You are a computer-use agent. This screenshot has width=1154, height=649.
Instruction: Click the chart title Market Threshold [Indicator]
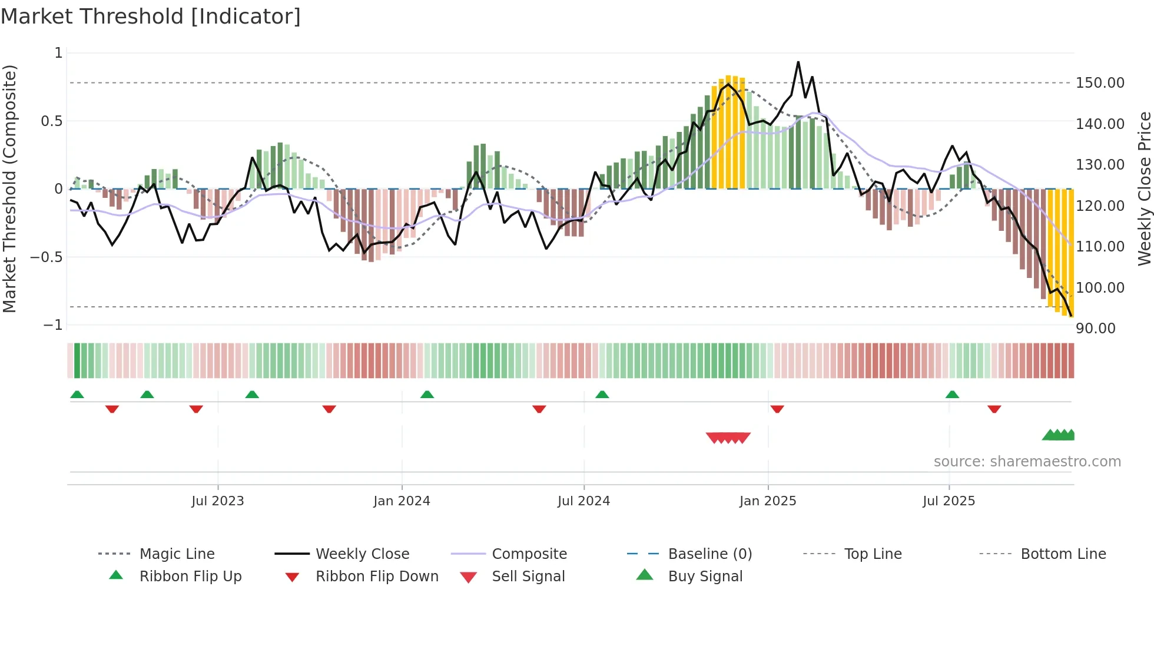pyautogui.click(x=151, y=16)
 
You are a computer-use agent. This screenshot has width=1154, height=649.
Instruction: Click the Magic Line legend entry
pyautogui.click(x=177, y=554)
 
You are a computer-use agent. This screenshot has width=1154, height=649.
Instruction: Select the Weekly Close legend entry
pyautogui.click(x=362, y=554)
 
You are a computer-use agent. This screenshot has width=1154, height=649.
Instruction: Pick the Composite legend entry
pyautogui.click(x=529, y=554)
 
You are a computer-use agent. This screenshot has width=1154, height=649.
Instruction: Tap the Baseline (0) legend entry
pyautogui.click(x=709, y=554)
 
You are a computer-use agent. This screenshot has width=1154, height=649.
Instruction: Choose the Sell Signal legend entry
pyautogui.click(x=528, y=576)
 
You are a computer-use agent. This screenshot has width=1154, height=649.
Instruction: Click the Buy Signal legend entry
pyautogui.click(x=705, y=576)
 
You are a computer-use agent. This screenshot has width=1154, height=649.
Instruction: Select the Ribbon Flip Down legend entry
pyautogui.click(x=377, y=576)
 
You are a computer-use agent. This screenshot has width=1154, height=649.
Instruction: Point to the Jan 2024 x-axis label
pyautogui.click(x=402, y=501)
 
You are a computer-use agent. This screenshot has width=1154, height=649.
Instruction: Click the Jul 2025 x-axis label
pyautogui.click(x=949, y=501)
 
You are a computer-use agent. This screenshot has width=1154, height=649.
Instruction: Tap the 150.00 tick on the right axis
pyautogui.click(x=1100, y=83)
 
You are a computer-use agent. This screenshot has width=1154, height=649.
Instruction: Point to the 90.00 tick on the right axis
pyautogui.click(x=1095, y=329)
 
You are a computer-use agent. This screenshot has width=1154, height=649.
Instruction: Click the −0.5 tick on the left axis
pyautogui.click(x=47, y=257)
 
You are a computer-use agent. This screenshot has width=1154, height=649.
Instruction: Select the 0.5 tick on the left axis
pyautogui.click(x=51, y=121)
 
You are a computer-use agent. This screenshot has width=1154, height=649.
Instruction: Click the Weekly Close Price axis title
pyautogui.click(x=1144, y=188)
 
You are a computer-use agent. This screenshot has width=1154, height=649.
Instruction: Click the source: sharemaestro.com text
pyautogui.click(x=1027, y=462)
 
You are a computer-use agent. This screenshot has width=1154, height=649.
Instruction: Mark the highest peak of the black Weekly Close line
pyautogui.click(x=798, y=62)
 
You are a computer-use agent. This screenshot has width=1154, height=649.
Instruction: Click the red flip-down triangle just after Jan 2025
pyautogui.click(x=777, y=409)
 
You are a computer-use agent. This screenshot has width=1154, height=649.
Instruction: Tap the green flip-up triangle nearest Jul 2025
pyautogui.click(x=952, y=395)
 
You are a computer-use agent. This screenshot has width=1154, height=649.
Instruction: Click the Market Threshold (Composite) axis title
pyautogui.click(x=9, y=188)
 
